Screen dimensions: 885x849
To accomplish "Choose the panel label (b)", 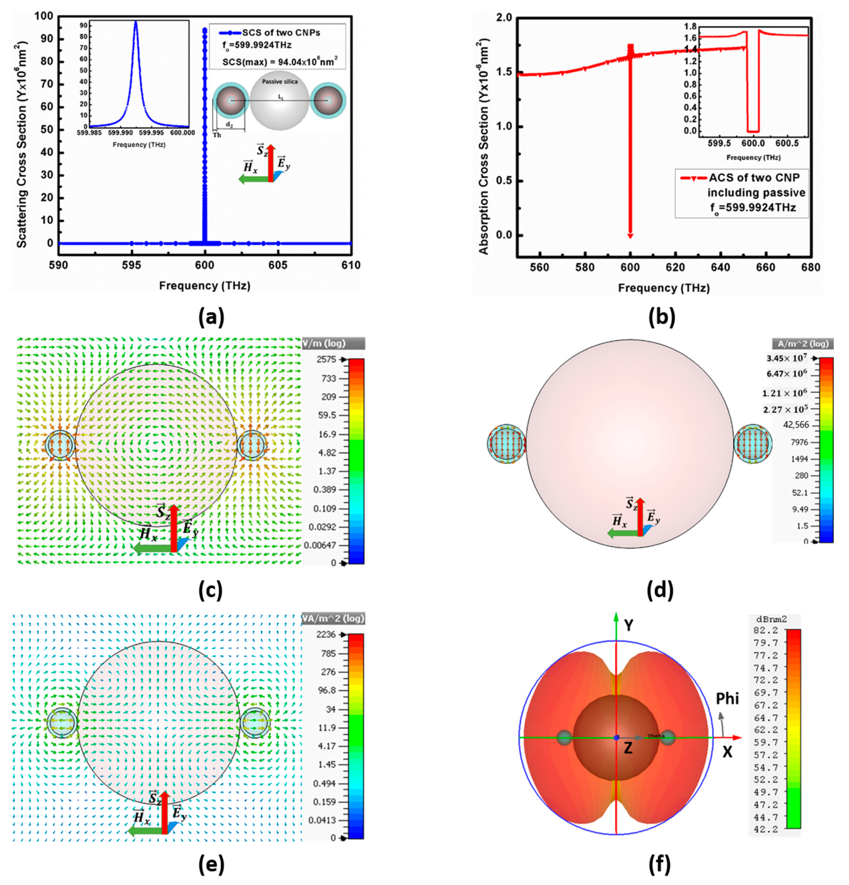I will pos(662,318).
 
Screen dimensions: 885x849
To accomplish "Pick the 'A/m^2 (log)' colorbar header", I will pos(803,343).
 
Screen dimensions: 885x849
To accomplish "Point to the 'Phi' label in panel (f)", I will pos(727,699).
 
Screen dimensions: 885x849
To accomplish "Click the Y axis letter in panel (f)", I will pos(628,625).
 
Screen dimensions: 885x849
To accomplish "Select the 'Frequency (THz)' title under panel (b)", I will pos(664,288).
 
